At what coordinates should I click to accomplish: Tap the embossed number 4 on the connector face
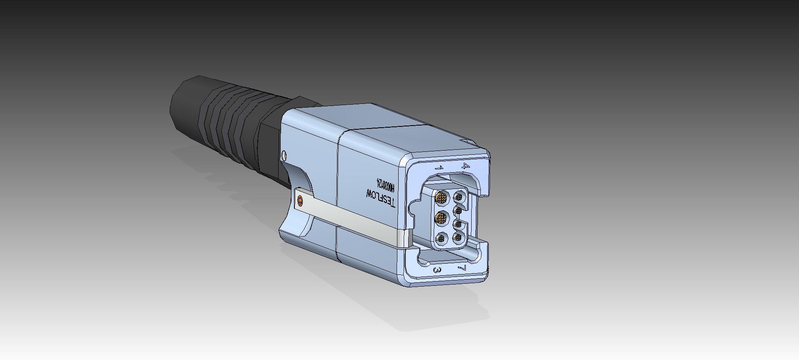pyautogui.click(x=466, y=166)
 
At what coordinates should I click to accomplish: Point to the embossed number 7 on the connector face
pyautogui.click(x=461, y=267)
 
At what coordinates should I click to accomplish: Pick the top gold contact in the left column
pyautogui.click(x=441, y=196)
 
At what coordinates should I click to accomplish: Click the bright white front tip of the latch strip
pyautogui.click(x=404, y=238)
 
